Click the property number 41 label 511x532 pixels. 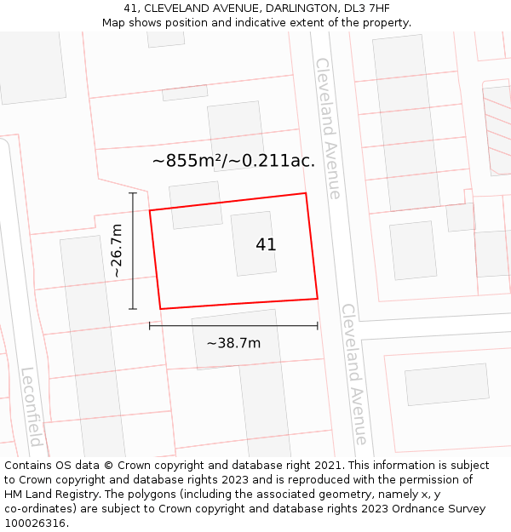point(266,245)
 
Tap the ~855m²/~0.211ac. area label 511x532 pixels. point(233,160)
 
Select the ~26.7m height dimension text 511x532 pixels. point(118,250)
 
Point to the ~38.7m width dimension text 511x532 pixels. point(233,343)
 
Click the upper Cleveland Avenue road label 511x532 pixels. point(328,128)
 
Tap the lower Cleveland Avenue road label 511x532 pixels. point(354,374)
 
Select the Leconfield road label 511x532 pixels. point(31,407)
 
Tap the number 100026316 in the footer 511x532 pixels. point(35,523)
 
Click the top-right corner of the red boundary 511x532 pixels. point(305,193)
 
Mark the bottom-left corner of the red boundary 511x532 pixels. point(160,309)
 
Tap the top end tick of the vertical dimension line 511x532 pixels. point(133,193)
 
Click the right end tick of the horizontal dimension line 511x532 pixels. point(318,325)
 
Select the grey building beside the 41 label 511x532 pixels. point(253,243)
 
